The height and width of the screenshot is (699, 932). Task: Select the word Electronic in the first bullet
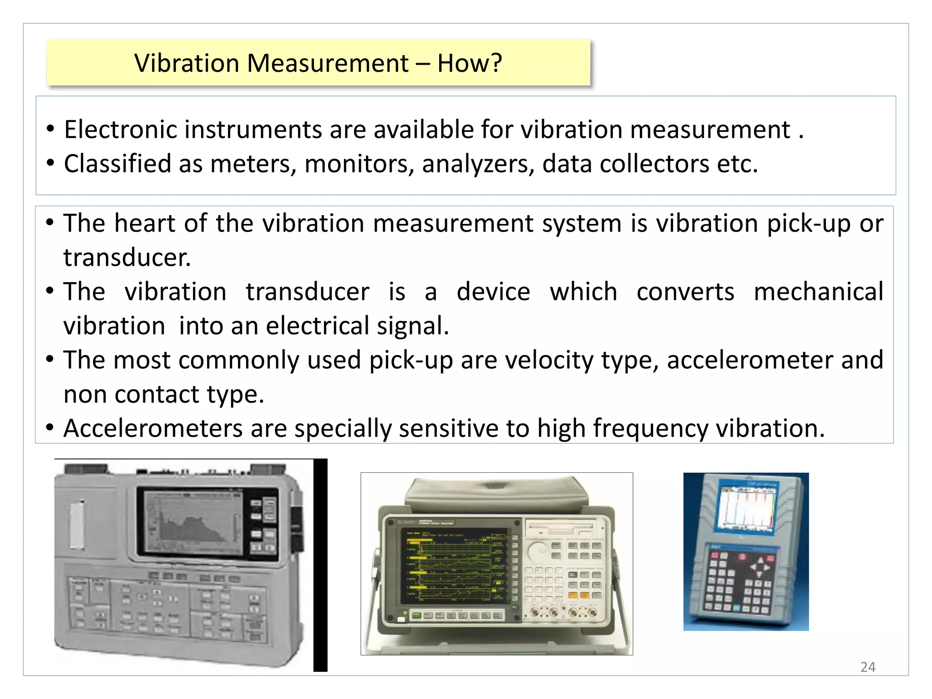click(x=124, y=130)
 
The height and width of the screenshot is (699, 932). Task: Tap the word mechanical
click(x=818, y=292)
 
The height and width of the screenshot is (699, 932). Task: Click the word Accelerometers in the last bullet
click(x=153, y=429)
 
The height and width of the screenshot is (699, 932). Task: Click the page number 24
click(x=867, y=667)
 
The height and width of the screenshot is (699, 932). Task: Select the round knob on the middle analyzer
click(x=539, y=551)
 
